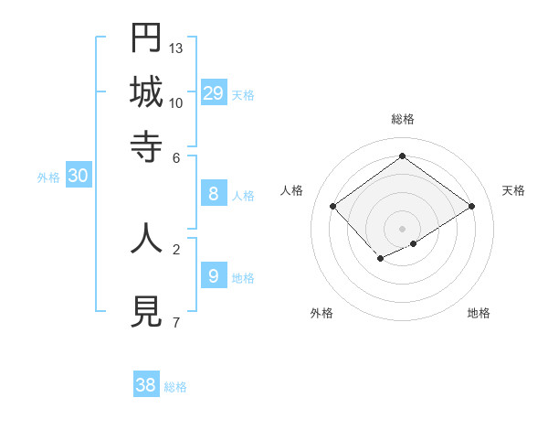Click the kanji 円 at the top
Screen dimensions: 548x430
click(x=146, y=38)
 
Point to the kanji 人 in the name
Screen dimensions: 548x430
click(x=146, y=238)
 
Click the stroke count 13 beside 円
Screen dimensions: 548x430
click(x=176, y=48)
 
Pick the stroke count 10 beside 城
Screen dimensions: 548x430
click(x=176, y=102)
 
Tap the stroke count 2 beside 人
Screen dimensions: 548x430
click(x=175, y=248)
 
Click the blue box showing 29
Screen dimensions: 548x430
click(x=214, y=92)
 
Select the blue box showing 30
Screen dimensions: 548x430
click(x=78, y=177)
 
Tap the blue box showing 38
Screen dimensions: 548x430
click(x=146, y=385)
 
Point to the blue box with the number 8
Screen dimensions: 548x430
click(x=214, y=193)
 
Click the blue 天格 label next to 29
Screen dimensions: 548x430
click(x=243, y=95)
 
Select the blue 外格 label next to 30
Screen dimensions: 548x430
click(x=48, y=178)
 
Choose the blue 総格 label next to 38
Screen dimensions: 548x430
click(x=175, y=387)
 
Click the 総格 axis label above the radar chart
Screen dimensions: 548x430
click(x=403, y=119)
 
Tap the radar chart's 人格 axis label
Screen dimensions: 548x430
click(x=291, y=190)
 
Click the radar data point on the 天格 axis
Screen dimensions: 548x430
click(x=472, y=207)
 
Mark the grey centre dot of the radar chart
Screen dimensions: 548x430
click(x=403, y=228)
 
